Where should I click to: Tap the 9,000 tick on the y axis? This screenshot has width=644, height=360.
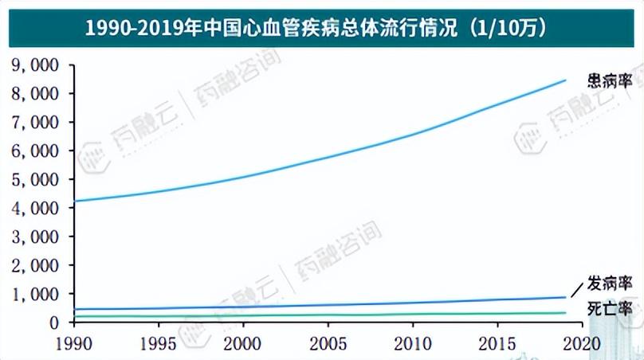click(x=37, y=65)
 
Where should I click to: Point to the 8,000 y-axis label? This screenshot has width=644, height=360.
click(x=37, y=93)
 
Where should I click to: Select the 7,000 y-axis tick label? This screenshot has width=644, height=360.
click(x=37, y=122)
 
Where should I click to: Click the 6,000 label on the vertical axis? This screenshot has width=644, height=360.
click(x=37, y=151)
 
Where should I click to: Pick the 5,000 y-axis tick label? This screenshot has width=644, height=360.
click(x=37, y=179)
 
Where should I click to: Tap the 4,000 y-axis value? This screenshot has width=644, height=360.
click(x=37, y=208)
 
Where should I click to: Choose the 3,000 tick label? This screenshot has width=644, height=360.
click(x=37, y=237)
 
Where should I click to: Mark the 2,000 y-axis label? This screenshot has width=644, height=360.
click(x=37, y=265)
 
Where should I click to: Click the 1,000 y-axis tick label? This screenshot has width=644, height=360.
click(x=37, y=294)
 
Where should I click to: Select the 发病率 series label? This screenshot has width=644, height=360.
click(x=611, y=284)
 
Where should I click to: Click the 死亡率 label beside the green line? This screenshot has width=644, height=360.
click(x=611, y=308)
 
